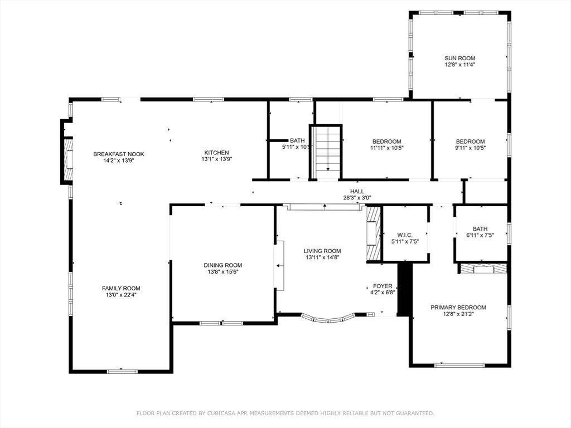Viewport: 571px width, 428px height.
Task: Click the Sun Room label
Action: pyautogui.click(x=459, y=58)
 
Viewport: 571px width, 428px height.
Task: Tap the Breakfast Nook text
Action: pyautogui.click(x=118, y=154)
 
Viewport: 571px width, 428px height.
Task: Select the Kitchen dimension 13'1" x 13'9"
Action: pyautogui.click(x=217, y=159)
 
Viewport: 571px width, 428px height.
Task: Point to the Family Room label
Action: pyautogui.click(x=121, y=288)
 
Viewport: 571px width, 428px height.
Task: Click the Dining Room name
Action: pyautogui.click(x=223, y=265)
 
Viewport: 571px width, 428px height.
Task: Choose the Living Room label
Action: pyautogui.click(x=322, y=251)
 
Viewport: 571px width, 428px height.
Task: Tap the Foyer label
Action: pyautogui.click(x=383, y=286)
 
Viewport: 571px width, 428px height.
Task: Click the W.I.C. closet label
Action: pyautogui.click(x=405, y=235)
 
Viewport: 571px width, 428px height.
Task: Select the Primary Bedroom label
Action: pyautogui.click(x=458, y=308)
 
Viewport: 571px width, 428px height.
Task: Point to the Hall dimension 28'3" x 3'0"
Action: pyautogui.click(x=357, y=198)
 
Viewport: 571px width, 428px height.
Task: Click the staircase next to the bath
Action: pyautogui.click(x=326, y=152)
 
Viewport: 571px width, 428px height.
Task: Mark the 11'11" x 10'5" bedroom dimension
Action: pyautogui.click(x=387, y=148)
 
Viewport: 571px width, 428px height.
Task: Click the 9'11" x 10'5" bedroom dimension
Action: pyautogui.click(x=471, y=148)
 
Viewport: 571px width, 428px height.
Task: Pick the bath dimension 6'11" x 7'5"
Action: pyautogui.click(x=480, y=235)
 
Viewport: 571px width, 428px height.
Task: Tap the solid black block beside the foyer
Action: pyautogui.click(x=404, y=289)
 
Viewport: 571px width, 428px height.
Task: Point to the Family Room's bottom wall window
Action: pyautogui.click(x=122, y=371)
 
